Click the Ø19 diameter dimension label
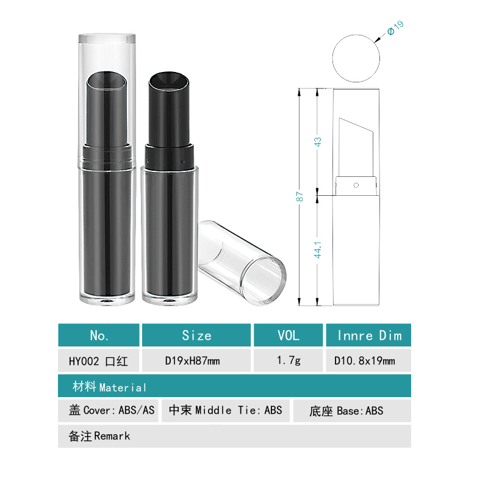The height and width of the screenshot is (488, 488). coord(395,28)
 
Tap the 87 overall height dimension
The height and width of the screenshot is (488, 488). coord(300,196)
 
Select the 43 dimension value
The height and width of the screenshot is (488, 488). coord(317,142)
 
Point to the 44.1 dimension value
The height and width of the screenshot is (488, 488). coord(317,250)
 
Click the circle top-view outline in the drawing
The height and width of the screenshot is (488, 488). coord(332,58)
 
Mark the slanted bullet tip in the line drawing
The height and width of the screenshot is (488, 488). coord(356,147)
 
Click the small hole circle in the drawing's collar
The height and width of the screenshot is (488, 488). coord(356,185)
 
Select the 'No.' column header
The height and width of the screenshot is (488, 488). coord(99,335)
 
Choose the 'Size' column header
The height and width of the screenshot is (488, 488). coord(196,335)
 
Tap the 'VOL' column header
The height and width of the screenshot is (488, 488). coord(288,335)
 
